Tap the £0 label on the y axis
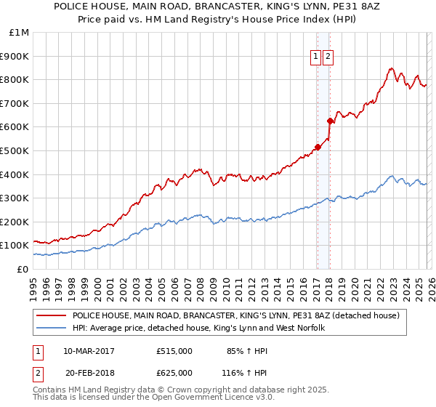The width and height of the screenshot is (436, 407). tap(23, 269)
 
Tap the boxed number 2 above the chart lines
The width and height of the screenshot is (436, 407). tap(328, 57)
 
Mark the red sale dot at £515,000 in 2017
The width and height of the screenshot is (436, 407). tap(318, 148)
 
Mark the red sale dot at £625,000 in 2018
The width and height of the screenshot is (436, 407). tap(330, 121)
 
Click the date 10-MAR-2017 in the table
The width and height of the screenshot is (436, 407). tap(89, 351)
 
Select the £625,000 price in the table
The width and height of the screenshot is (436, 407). tap(174, 372)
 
